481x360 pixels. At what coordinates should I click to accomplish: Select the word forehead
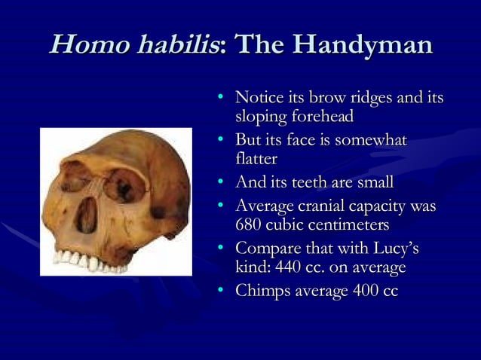click(317, 117)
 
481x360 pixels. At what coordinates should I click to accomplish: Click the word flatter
click(256, 159)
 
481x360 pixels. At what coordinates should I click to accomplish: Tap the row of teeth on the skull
click(83, 260)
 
